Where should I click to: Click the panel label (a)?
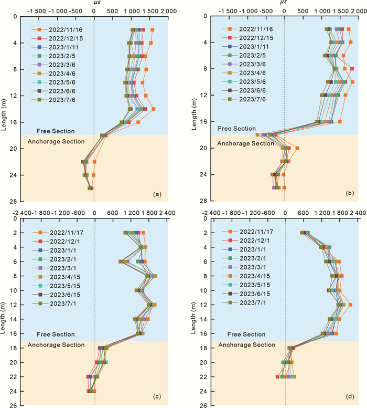pos(156,194)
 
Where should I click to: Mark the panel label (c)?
pos(156,397)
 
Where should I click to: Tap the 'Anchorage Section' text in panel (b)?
pos(245,143)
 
